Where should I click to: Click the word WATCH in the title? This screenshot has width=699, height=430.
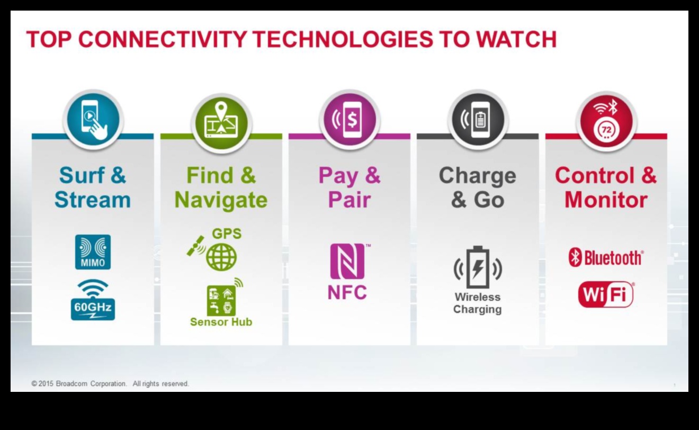point(516,39)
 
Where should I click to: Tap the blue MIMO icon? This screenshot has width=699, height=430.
point(93,252)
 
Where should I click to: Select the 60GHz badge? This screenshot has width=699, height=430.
point(93,300)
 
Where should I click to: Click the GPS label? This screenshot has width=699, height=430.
point(227,234)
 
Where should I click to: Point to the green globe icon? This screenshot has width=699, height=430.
point(221,257)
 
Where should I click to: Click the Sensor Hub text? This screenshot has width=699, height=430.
point(221,322)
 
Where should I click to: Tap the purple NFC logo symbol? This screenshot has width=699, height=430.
point(347,261)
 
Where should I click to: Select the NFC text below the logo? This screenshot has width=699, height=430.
point(347,292)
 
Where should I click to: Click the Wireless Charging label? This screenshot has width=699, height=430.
point(478,303)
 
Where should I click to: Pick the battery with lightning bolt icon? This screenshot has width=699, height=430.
point(478,267)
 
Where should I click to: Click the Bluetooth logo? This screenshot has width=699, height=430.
point(606,258)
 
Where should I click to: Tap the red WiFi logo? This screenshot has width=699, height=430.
point(606,294)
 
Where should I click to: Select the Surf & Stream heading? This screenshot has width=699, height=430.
point(93,187)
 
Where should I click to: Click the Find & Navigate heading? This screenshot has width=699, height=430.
point(221,187)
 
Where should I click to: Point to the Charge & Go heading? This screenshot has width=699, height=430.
point(478,187)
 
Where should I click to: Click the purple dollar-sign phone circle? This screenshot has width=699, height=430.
point(349,120)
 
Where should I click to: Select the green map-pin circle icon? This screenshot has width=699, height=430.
point(221,122)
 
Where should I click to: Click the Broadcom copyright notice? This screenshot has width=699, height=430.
point(110,383)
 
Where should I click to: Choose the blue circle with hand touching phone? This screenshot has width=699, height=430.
point(93,120)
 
